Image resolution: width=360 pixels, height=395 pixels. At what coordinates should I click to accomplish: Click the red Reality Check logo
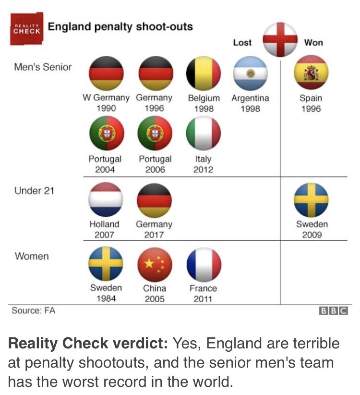point(26,29)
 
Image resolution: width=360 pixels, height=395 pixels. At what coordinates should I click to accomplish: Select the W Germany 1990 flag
point(106,73)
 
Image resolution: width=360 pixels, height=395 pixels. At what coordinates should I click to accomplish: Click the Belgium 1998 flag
point(204,73)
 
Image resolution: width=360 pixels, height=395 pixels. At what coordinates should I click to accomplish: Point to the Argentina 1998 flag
point(250,73)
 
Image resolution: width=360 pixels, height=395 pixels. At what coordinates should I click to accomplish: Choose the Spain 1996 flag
point(311,73)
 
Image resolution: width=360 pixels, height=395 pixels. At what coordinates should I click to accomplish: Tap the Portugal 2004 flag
point(106,133)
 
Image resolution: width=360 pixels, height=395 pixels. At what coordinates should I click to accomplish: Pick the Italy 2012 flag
point(204,133)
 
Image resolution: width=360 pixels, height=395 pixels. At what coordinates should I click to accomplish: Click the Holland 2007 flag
point(106,199)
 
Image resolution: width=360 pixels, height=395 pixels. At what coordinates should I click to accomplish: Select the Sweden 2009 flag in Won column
point(311,199)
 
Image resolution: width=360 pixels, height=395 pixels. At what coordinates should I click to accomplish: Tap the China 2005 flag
point(155,264)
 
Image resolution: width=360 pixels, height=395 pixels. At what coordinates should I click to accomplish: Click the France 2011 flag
point(204,264)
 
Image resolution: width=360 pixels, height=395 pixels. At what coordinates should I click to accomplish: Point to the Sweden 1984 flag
point(106,264)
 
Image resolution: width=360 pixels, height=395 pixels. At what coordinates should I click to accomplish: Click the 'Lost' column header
point(242,43)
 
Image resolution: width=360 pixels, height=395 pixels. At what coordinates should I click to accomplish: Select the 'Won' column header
point(313,43)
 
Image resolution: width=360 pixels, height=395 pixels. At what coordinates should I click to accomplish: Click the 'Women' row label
point(32,256)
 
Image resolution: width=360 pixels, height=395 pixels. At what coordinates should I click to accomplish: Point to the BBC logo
point(333,311)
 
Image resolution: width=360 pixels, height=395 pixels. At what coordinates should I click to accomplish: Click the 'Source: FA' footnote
point(34,310)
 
